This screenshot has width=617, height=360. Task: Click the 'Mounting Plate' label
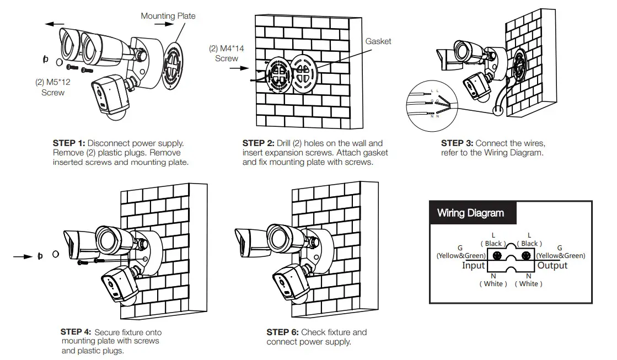pos(168,16)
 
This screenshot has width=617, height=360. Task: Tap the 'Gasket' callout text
pos(378,41)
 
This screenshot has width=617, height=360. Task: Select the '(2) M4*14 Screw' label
pos(226,53)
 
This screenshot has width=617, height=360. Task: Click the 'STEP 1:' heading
pos(69,143)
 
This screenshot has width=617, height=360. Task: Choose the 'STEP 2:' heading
pos(259,143)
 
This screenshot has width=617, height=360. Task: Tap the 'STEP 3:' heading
pos(457,143)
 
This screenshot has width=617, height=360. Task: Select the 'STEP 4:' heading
pos(76,332)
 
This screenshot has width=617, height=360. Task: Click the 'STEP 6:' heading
pos(282,332)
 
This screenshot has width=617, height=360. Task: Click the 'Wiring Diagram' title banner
pos(470,213)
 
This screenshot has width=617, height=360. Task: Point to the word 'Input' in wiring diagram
pos(473,266)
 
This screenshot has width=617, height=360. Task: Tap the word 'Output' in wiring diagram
pos(552,266)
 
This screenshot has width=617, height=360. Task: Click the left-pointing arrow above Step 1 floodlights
pos(56,24)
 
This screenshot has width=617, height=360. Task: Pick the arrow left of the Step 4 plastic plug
pos(23,256)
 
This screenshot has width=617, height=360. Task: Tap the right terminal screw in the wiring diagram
pos(526,256)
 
